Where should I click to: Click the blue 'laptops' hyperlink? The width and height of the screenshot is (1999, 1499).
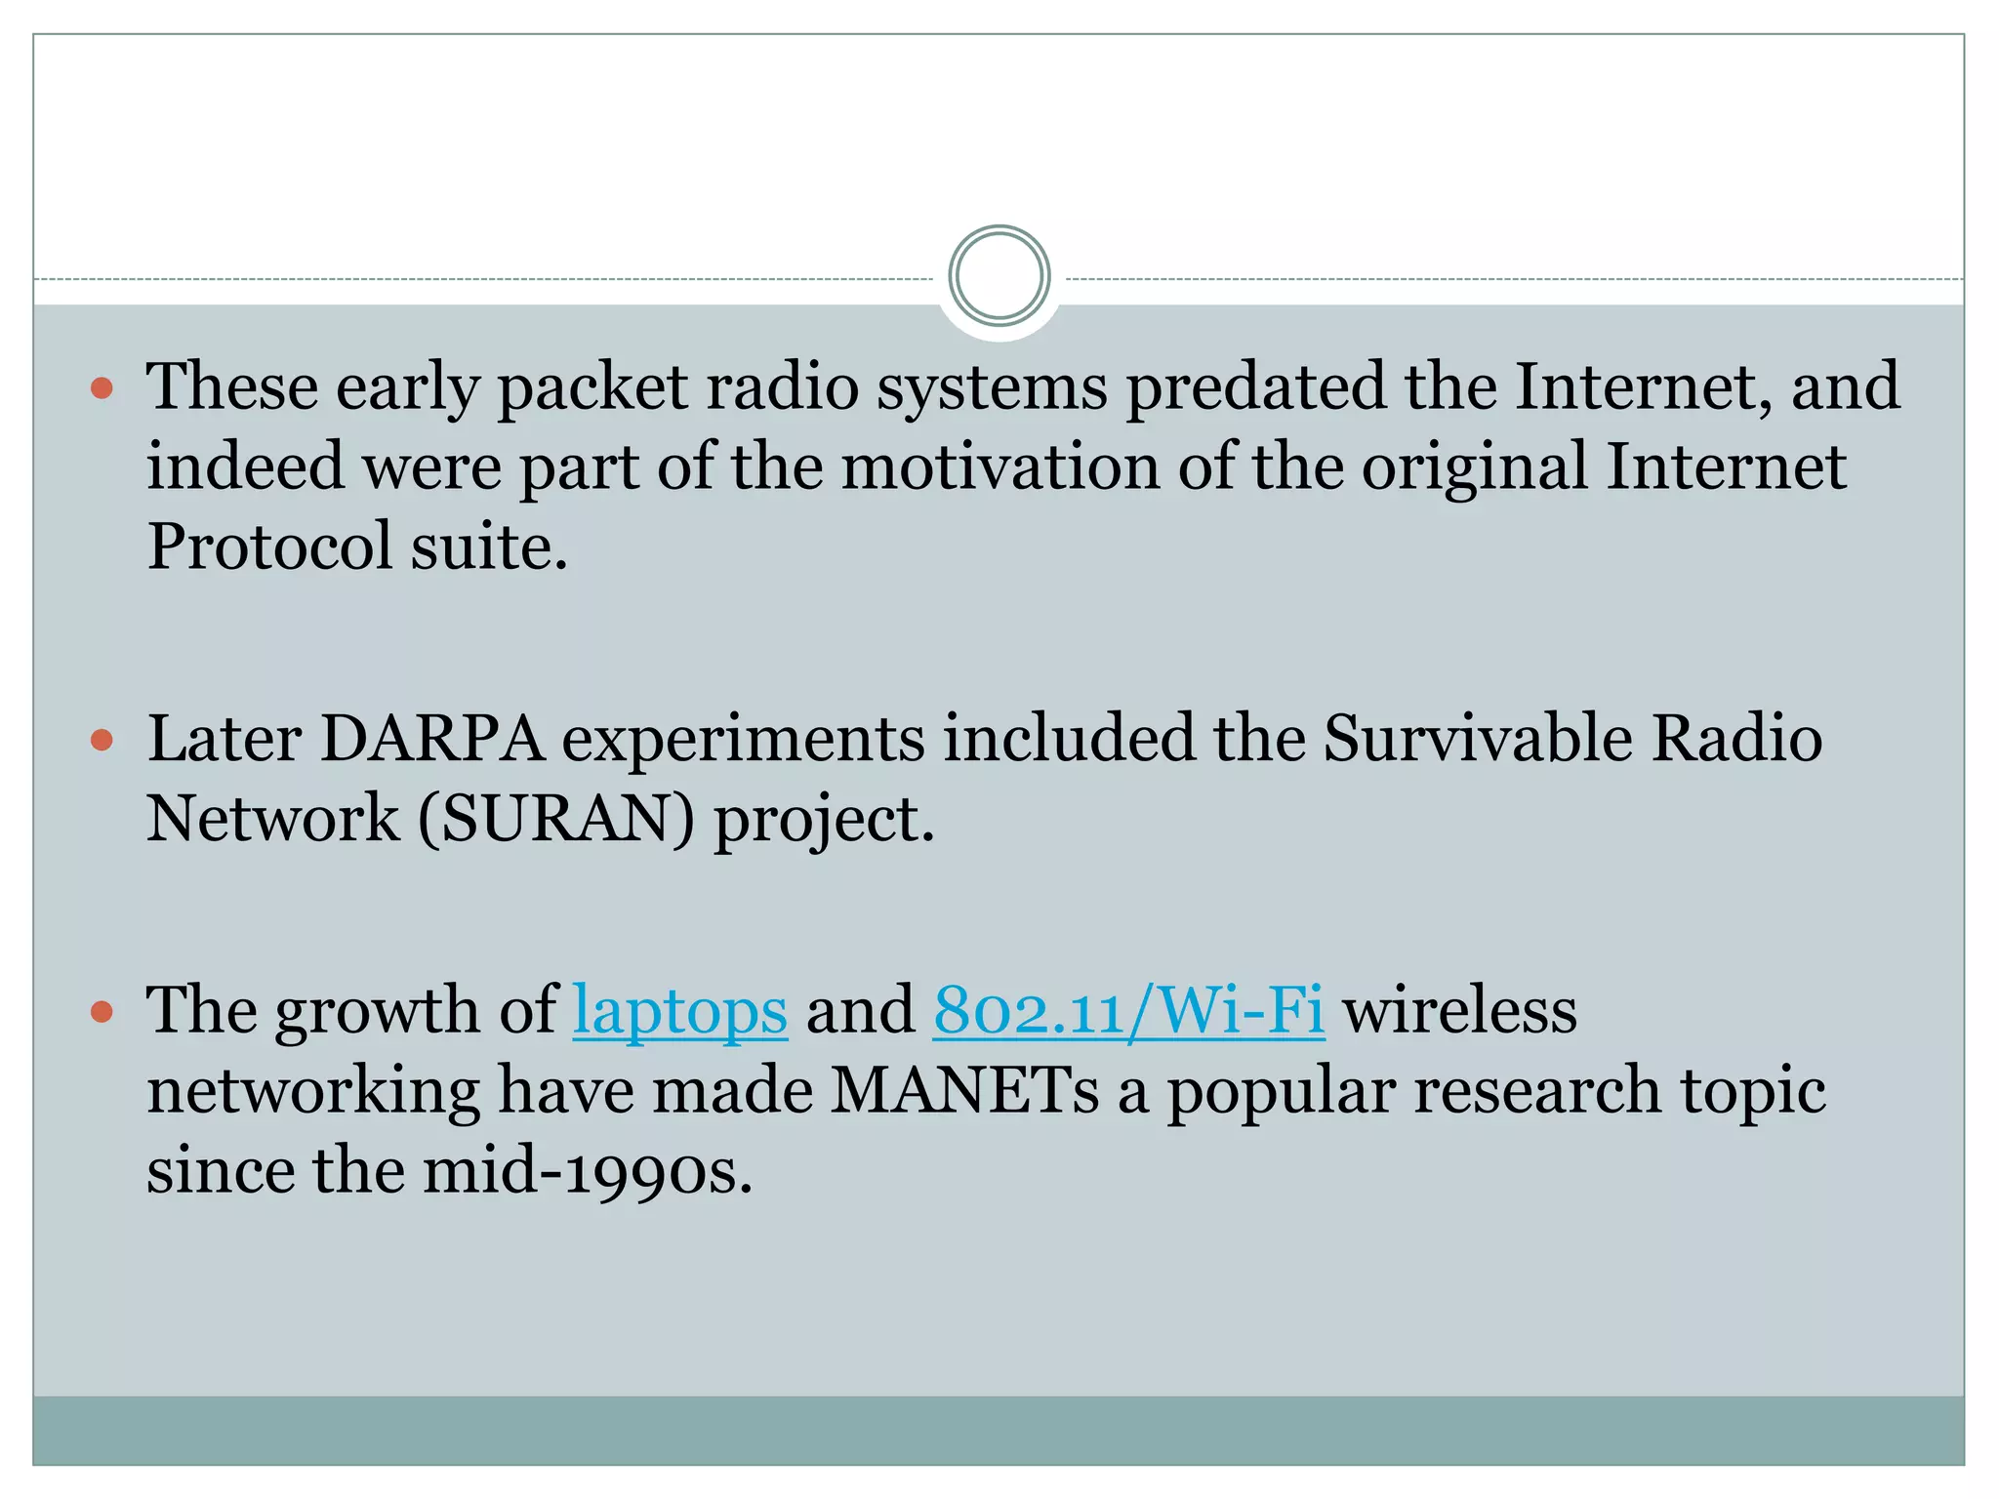point(679,1011)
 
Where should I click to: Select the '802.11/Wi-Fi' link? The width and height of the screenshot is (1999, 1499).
point(1128,1011)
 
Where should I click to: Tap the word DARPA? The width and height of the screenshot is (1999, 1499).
point(431,739)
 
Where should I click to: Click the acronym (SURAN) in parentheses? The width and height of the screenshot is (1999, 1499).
point(556,819)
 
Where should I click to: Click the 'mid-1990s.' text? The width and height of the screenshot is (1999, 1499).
point(588,1171)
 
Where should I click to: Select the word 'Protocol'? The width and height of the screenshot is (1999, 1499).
point(269,547)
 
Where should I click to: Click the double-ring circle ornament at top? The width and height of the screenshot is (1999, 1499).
point(999,276)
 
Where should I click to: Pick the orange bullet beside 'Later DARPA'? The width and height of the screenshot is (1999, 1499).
point(102,741)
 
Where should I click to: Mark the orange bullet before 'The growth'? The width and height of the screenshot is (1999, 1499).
point(102,1012)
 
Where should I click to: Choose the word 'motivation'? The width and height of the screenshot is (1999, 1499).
point(999,467)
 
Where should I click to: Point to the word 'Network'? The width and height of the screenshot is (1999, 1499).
point(272,819)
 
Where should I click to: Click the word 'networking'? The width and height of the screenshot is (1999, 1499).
point(312,1093)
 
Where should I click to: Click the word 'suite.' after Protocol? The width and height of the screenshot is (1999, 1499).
point(488,547)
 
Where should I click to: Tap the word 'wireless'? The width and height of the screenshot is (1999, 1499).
point(1460,1011)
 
